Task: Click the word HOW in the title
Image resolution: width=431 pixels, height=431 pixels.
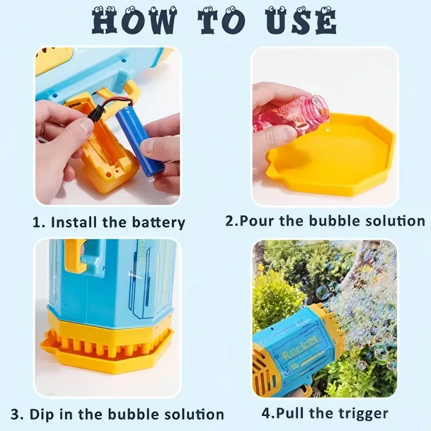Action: (x=134, y=22)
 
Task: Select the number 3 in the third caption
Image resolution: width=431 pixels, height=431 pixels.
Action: (x=16, y=414)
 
